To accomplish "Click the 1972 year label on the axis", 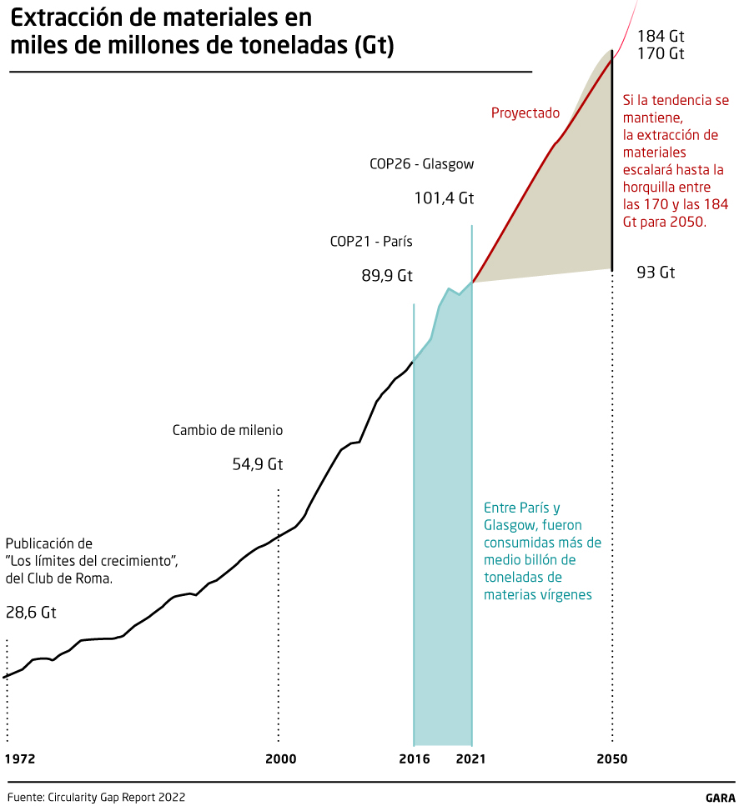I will tap(20, 759).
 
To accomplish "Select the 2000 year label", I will tap(281, 759).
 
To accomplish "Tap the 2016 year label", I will tap(415, 759).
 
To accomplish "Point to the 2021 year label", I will tap(470, 759).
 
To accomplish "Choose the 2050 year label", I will tap(612, 759).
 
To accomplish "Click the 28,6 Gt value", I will tap(31, 613).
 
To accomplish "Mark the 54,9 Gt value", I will tap(258, 464).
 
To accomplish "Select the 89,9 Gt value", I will tap(387, 276).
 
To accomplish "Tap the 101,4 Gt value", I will tap(444, 198).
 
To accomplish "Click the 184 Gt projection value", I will tap(661, 37).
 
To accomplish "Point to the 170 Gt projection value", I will tap(661, 54).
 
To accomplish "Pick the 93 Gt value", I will tap(656, 273).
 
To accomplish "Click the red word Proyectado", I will tap(525, 113).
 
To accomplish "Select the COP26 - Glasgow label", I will tap(421, 164).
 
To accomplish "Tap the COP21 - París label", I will tap(371, 242).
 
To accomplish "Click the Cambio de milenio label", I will tap(228, 431).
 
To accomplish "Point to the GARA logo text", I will tap(719, 797).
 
